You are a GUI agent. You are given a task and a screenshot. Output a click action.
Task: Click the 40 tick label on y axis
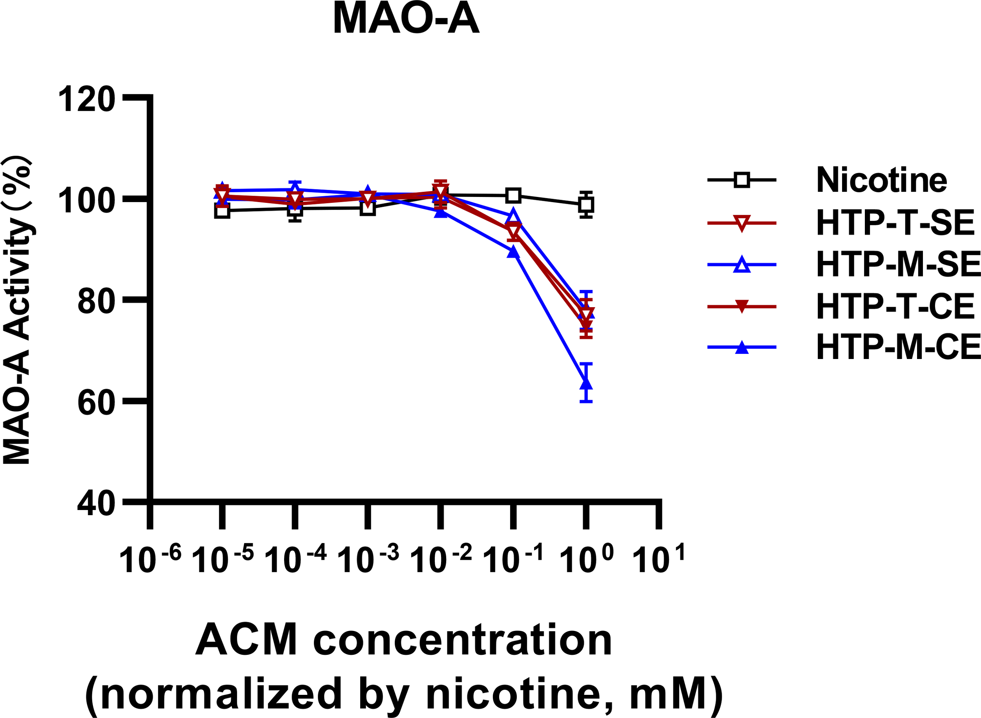(96, 504)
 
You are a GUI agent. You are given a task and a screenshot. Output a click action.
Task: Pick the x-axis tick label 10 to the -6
(150, 558)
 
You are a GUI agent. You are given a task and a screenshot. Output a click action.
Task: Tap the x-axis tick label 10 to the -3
(368, 558)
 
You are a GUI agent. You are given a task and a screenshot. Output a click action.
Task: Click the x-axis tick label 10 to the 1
(658, 558)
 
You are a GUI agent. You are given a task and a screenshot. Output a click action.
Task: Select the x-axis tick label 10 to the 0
(586, 558)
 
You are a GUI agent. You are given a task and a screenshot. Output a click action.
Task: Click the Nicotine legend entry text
(881, 180)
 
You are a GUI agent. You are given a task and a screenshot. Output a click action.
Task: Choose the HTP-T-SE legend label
(896, 223)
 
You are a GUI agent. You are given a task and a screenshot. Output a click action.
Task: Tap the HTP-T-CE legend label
(896, 306)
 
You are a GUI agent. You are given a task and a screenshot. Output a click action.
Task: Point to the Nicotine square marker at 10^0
(586, 204)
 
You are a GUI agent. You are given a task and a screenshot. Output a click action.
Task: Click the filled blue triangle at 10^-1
(513, 252)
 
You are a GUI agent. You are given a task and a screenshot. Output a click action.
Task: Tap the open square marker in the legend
(742, 180)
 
